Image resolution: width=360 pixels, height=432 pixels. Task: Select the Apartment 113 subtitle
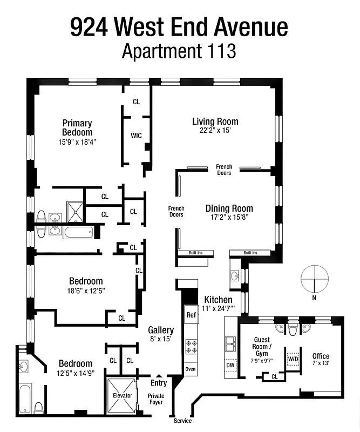pyautogui.click(x=179, y=51)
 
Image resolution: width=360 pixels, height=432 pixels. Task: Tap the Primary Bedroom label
pyautogui.click(x=77, y=127)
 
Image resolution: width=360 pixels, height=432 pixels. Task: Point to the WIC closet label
pyautogui.click(x=136, y=136)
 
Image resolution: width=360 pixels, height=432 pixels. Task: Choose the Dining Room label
pyautogui.click(x=229, y=208)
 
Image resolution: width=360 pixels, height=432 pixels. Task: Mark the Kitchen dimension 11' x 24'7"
pyautogui.click(x=219, y=309)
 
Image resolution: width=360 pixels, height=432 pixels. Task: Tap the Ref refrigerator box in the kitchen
pyautogui.click(x=191, y=315)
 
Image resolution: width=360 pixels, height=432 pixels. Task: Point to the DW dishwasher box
pyautogui.click(x=230, y=366)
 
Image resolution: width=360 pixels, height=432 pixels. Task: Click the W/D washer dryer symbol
pyautogui.click(x=294, y=359)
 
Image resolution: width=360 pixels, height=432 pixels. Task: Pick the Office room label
pyautogui.click(x=321, y=356)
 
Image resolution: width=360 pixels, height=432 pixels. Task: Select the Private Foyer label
pyautogui.click(x=156, y=399)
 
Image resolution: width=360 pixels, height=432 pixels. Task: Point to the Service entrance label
pyautogui.click(x=182, y=421)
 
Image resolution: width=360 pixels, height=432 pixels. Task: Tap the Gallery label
pyautogui.click(x=161, y=330)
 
